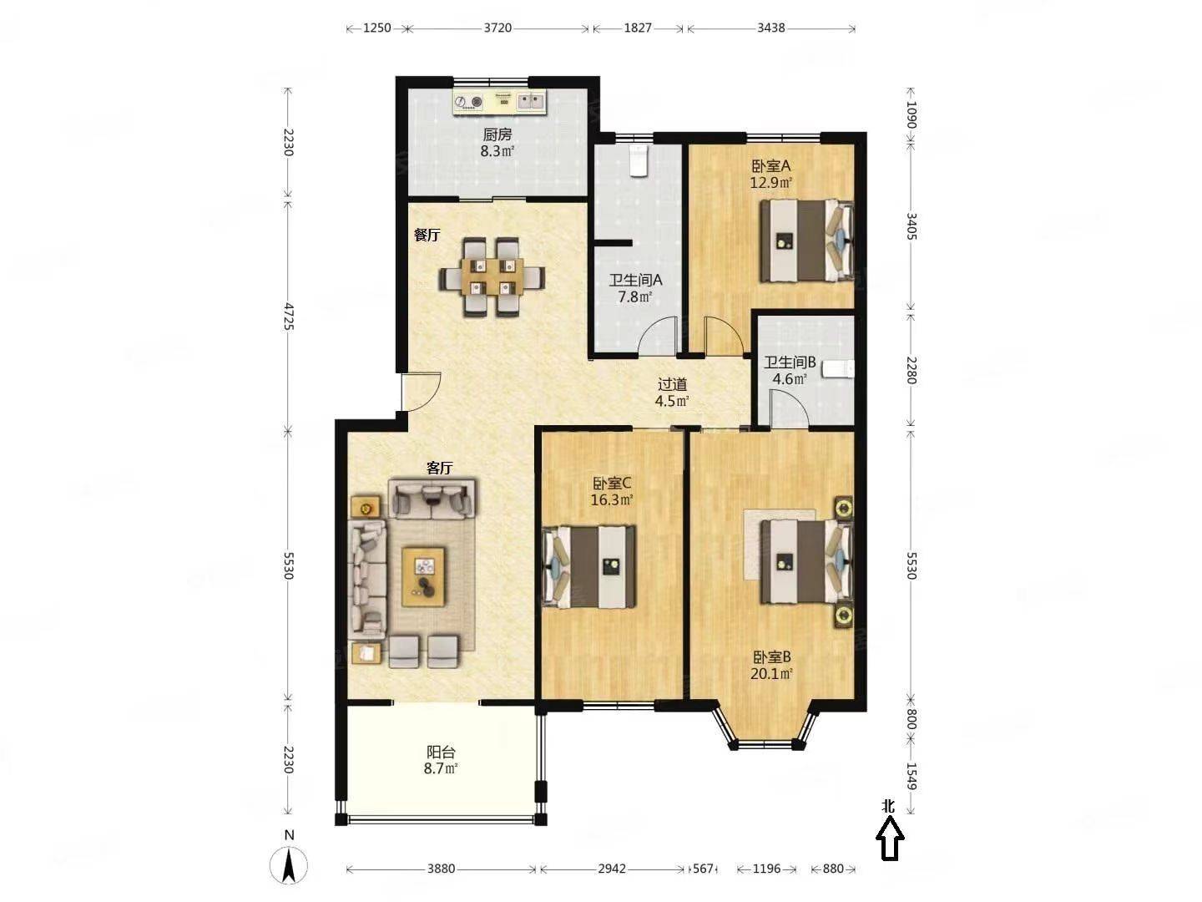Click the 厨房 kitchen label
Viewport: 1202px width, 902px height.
click(497, 134)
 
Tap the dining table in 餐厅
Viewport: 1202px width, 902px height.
click(492, 276)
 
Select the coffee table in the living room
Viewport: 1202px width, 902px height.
click(422, 576)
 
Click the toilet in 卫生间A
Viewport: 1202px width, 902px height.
click(639, 160)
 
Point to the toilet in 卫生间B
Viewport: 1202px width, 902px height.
click(838, 370)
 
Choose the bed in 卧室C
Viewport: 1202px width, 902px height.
click(588, 567)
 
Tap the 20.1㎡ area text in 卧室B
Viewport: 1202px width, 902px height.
click(771, 674)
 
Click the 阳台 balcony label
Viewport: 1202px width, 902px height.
click(441, 752)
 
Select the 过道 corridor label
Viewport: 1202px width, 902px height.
click(672, 384)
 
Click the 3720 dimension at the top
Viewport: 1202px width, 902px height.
click(497, 28)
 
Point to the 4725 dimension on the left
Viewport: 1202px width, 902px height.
click(289, 317)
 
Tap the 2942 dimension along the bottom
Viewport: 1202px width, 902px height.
click(611, 869)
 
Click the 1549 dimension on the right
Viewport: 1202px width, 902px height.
click(911, 777)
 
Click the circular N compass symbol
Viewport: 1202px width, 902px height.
click(289, 866)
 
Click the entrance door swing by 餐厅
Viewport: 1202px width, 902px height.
click(421, 392)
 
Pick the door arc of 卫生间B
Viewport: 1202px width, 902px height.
click(790, 408)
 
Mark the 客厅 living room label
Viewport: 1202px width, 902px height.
click(440, 468)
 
